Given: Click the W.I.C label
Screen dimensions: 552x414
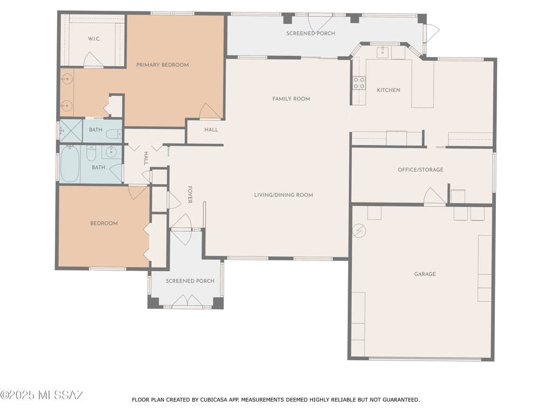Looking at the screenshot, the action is pos(94,39).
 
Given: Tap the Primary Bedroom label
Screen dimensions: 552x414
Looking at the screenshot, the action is pos(162,65).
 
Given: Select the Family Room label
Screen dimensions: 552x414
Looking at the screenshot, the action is pos(291,99).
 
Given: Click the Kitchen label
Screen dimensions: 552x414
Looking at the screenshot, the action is pos(388,90).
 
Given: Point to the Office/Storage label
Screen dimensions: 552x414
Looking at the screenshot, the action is pos(420,170).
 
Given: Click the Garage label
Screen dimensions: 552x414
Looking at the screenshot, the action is pos(425,274).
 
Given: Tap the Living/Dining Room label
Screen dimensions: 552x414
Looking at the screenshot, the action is pos(284,195).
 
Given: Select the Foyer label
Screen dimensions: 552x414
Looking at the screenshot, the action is pos(190,195).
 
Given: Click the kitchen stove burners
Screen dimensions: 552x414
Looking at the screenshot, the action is pos(359,83).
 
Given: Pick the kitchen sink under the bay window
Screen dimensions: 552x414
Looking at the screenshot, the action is pos(383,52).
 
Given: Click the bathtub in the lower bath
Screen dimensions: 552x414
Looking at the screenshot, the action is pos(70,164).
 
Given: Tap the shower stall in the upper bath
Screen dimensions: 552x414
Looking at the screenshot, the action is pos(71,131).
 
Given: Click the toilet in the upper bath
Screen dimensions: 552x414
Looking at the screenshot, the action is pos(114,134).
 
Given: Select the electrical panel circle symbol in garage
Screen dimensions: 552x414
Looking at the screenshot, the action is pos(359,231).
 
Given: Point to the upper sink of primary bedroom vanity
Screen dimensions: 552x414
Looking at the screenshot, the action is pos(67,79).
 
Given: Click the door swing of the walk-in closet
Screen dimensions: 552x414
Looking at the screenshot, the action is pos(93,60).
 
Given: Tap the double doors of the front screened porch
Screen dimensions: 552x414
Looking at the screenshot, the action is pos(187,300).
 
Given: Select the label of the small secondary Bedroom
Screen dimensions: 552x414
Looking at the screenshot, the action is pos(104,223).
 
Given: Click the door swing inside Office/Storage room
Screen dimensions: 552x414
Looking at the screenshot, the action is pos(434,196).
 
